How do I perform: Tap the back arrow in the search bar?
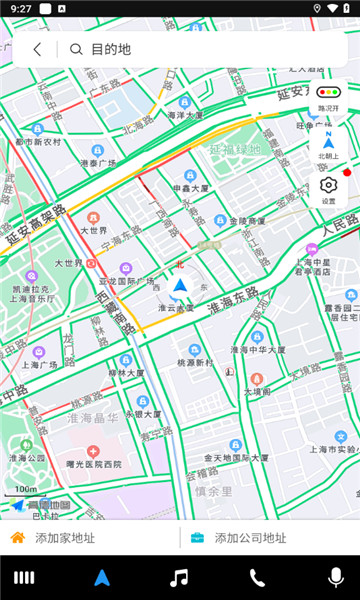click(37, 49)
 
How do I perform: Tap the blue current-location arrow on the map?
click(179, 288)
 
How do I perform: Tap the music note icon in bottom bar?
click(179, 577)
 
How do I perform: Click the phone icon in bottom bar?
click(257, 577)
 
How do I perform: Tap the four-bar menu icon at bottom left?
click(23, 577)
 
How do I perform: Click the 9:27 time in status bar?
click(22, 8)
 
